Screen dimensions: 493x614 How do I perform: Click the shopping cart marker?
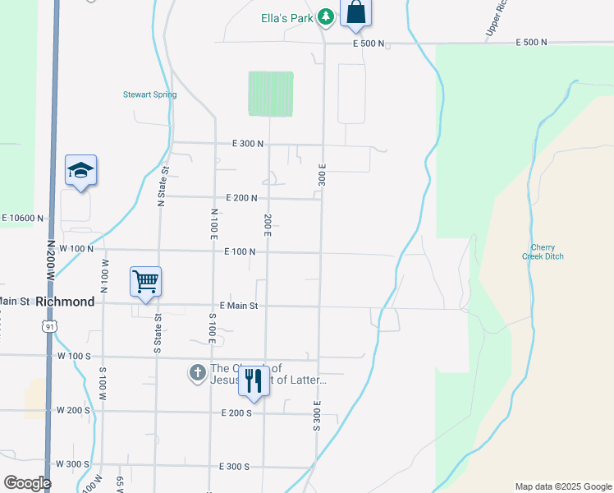145,282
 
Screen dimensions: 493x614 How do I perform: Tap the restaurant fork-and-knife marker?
253,380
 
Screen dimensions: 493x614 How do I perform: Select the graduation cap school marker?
80,170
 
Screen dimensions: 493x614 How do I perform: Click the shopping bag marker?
355,12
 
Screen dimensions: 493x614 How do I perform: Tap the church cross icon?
197,374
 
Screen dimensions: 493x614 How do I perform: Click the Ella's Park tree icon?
326,16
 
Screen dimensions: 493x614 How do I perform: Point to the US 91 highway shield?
51,326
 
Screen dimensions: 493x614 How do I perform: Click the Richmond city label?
65,302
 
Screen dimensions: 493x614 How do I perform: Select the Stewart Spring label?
149,94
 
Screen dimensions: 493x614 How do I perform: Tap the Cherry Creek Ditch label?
543,251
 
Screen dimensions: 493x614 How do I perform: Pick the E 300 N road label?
248,143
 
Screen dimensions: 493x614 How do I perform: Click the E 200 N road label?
241,198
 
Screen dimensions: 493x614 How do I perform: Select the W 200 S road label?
72,409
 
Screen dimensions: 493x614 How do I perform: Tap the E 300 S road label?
235,466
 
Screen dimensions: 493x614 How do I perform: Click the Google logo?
27,483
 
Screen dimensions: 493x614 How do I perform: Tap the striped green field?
271,93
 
